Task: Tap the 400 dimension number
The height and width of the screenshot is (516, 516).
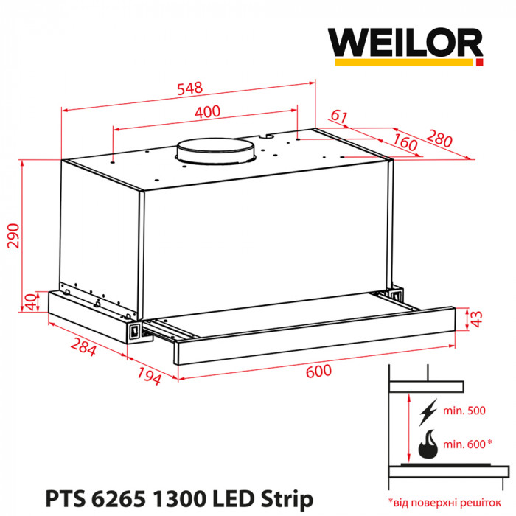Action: [x=209, y=112]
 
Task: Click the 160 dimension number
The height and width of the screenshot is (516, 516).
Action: [x=404, y=142]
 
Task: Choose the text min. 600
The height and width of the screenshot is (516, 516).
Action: [x=467, y=444]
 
